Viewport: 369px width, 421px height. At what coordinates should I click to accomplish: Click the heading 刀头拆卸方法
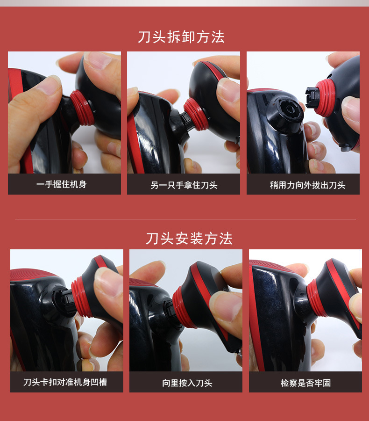point(181,37)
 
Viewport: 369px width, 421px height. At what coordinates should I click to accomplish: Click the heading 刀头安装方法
point(189,239)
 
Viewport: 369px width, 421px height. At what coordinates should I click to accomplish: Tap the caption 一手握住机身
point(61,184)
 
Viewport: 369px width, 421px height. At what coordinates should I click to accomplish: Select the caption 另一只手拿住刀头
point(184,185)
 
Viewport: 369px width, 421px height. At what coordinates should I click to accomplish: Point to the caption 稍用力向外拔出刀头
point(307,185)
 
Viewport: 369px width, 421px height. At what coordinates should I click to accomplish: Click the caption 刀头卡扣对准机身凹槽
point(65,382)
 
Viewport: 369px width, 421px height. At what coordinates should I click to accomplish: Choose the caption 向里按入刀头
point(187,383)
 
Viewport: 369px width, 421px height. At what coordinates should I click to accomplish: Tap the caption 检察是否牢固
point(305,383)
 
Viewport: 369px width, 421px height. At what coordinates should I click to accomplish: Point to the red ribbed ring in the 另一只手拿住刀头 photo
point(196,114)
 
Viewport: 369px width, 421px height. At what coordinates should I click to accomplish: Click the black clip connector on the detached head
point(312,98)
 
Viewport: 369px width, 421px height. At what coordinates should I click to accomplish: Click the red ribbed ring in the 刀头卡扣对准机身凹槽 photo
point(82,297)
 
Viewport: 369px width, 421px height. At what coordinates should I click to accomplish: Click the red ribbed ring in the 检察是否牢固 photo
point(316,298)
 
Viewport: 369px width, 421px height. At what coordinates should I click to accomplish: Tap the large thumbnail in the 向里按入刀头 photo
point(225,306)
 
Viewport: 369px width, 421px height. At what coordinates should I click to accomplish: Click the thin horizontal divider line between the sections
point(185,219)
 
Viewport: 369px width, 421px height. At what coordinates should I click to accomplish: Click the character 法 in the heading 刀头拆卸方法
point(218,37)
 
